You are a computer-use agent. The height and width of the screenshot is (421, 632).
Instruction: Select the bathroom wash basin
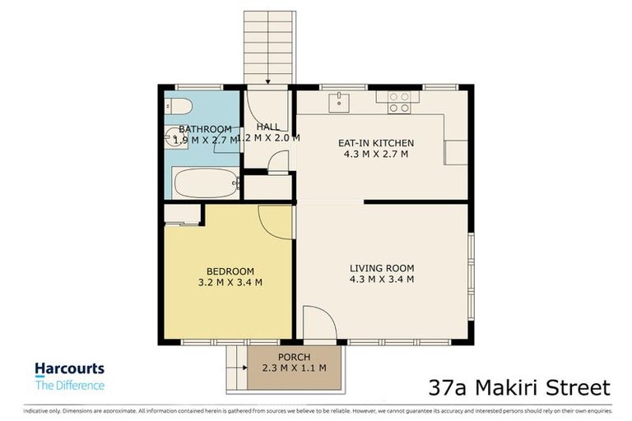(174, 138)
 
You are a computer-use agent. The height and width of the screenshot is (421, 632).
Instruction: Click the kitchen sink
(338, 102)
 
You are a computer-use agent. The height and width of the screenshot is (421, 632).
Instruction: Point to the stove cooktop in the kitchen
(399, 102)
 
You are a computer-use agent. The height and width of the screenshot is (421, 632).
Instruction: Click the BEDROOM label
(230, 271)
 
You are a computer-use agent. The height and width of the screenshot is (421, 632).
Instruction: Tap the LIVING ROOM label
(381, 268)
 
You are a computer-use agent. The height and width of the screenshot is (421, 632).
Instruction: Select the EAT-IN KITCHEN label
(376, 143)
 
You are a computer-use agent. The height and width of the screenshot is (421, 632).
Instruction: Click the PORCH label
(294, 357)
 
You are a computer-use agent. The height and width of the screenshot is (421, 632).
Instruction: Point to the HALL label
(267, 127)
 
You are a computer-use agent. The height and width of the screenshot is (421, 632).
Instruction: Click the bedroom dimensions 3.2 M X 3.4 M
(230, 283)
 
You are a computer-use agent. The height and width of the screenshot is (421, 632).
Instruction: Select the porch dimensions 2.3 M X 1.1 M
(294, 368)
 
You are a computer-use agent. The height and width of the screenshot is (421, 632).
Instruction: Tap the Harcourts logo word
(69, 370)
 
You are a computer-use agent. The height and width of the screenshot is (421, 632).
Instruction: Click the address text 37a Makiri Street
(520, 387)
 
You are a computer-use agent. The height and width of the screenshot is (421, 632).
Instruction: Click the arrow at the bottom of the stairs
(267, 80)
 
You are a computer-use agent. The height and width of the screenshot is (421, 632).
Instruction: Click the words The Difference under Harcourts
(69, 385)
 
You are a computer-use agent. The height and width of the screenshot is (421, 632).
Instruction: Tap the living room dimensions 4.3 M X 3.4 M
(381, 280)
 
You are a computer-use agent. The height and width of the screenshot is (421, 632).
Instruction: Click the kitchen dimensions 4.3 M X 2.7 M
(376, 154)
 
